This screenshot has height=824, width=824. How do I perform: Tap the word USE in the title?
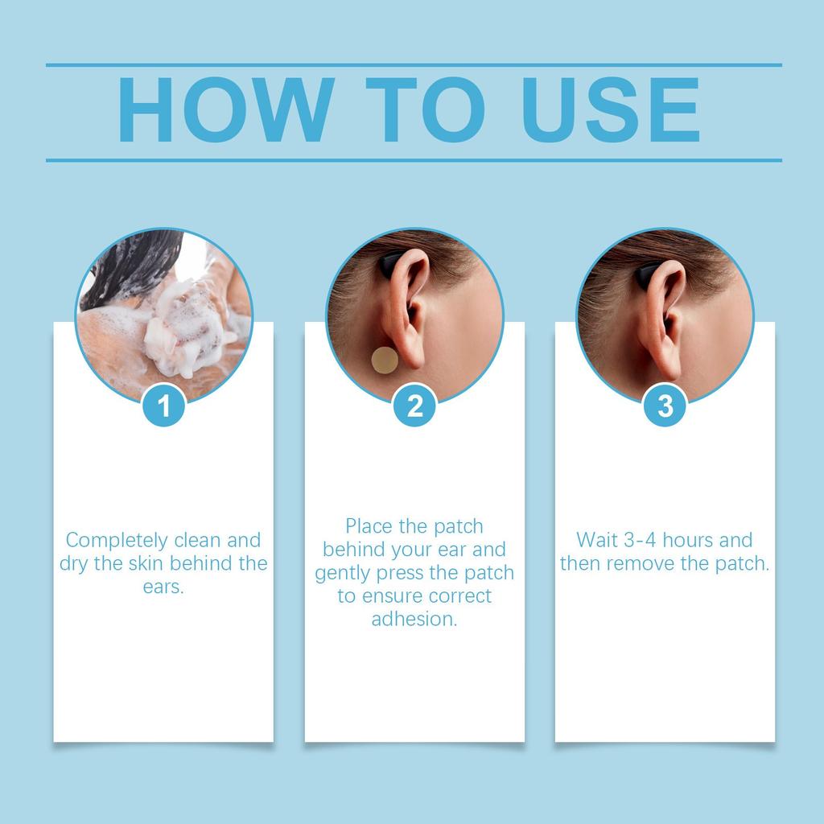[x=610, y=112]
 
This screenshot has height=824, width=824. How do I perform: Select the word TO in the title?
[x=424, y=112]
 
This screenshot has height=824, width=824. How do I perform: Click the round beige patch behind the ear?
[x=384, y=360]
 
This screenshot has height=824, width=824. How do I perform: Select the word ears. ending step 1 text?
[x=163, y=587]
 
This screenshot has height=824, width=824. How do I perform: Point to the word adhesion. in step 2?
[x=414, y=620]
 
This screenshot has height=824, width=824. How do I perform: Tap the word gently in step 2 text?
[x=343, y=573]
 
